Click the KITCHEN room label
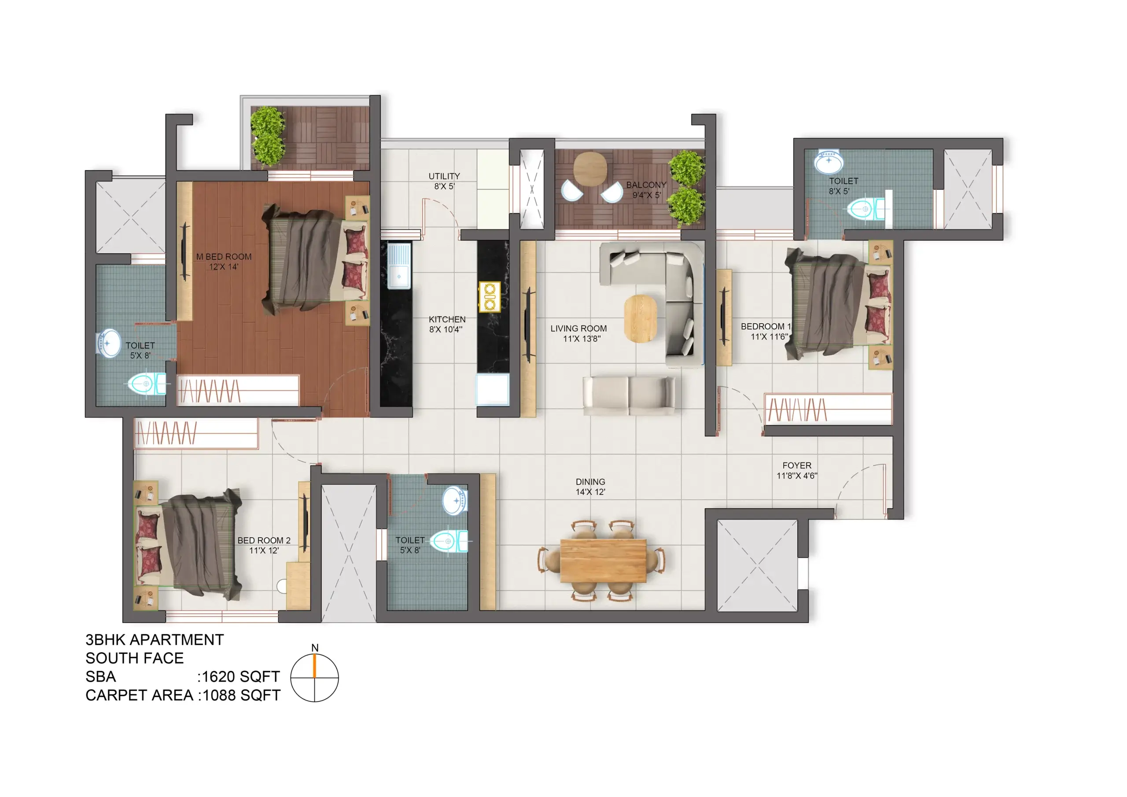point(447,319)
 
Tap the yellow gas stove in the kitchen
point(490,297)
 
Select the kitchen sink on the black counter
point(398,266)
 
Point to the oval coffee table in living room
point(641,318)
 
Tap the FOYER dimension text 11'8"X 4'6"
point(797,476)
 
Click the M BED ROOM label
point(224,257)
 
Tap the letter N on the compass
point(315,648)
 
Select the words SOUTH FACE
point(135,658)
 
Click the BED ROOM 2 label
point(264,540)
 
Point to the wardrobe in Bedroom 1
point(828,409)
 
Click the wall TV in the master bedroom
point(185,251)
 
